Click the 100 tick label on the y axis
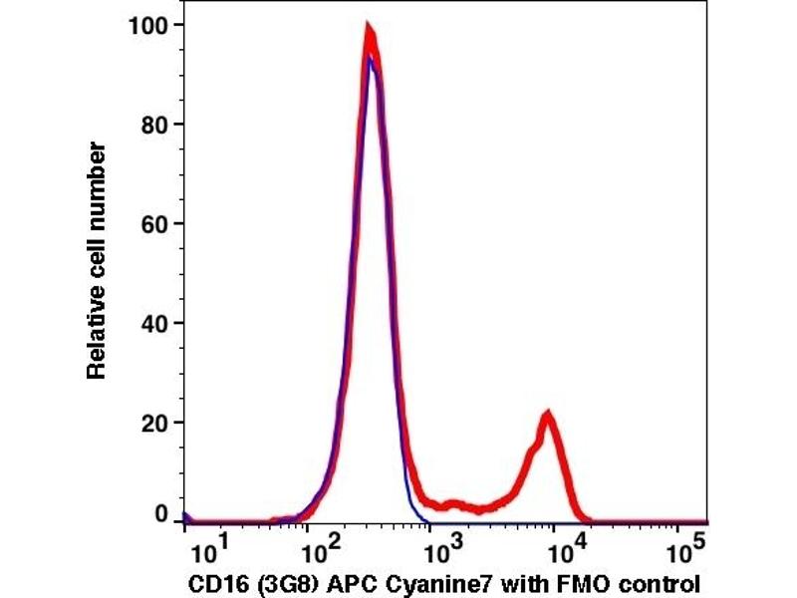[147, 24]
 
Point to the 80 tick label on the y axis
[152, 125]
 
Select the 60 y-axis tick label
[152, 223]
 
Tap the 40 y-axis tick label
[152, 323]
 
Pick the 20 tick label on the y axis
[152, 422]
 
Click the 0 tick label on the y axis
[159, 515]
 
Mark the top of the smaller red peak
[546, 414]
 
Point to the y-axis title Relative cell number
[98, 259]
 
